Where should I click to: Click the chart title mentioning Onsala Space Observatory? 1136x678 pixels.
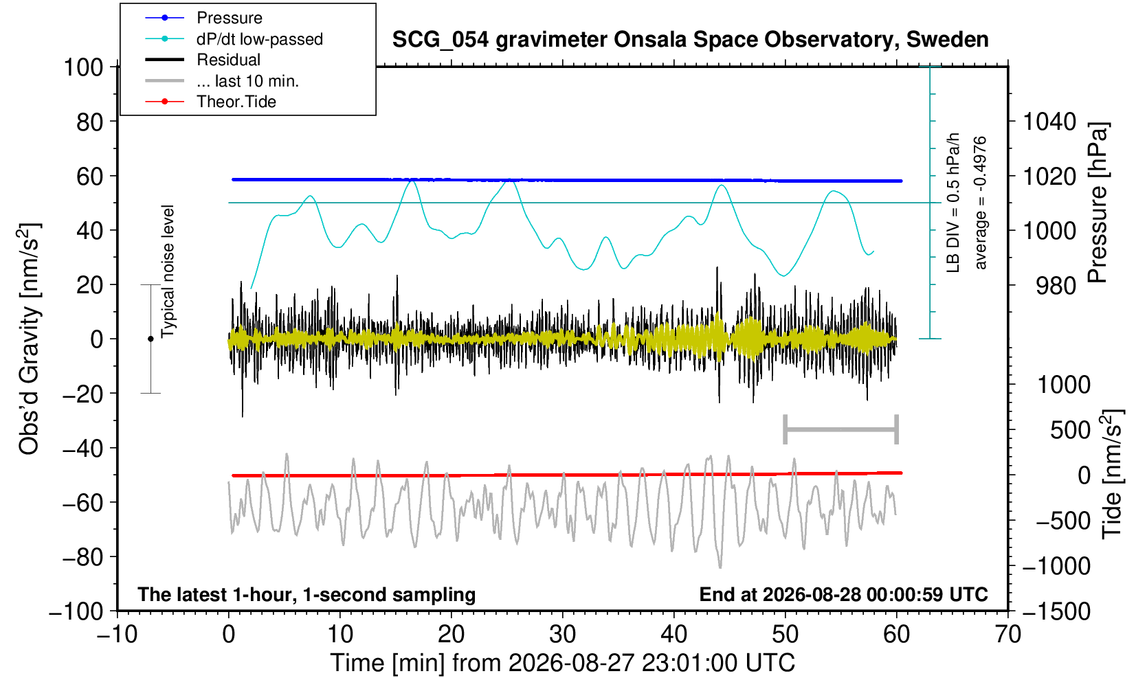[x=690, y=40]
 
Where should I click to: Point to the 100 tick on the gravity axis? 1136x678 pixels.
[x=83, y=67]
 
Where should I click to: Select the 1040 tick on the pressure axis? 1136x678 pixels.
[x=1049, y=122]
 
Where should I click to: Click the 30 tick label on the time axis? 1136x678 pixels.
[x=562, y=635]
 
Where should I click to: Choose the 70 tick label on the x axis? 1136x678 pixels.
[x=1007, y=635]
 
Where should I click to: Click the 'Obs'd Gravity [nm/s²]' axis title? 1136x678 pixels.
[x=28, y=339]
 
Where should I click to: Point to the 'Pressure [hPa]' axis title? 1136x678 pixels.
[x=1098, y=203]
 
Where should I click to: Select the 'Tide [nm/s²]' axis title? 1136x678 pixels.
[x=1112, y=475]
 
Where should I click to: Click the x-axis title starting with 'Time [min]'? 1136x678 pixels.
[x=562, y=663]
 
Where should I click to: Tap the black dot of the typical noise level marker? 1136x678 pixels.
[x=151, y=339]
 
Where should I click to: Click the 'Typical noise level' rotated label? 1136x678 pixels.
[x=168, y=272]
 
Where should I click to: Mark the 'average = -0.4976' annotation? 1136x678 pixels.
[x=981, y=203]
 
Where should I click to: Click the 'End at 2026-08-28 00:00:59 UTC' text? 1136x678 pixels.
[x=843, y=594]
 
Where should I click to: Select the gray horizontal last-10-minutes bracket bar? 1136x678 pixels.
[x=841, y=429]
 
